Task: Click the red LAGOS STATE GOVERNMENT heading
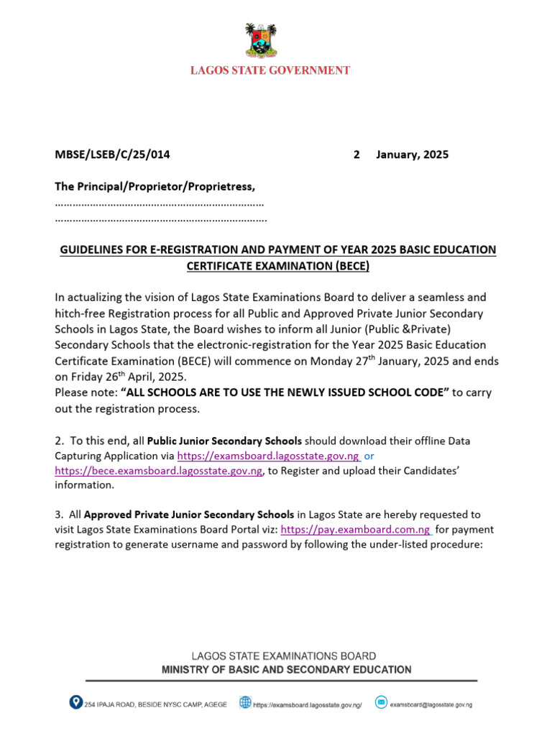[x=270, y=70]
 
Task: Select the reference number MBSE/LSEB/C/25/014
[x=113, y=155]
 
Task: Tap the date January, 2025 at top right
[x=412, y=155]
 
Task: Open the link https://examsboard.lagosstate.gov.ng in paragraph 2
[x=268, y=456]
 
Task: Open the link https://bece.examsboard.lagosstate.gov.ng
[x=159, y=471]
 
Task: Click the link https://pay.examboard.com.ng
[x=356, y=530]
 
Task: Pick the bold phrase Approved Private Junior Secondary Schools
[x=189, y=515]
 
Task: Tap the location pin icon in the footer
[x=75, y=702]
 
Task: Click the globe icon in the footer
[x=245, y=702]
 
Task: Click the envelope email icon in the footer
[x=381, y=702]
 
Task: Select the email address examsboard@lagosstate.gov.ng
[x=431, y=705]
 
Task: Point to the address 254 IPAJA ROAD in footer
[x=155, y=704]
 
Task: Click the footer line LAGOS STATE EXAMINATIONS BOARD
[x=282, y=655]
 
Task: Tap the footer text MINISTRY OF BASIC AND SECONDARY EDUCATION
[x=286, y=669]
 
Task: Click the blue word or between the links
[x=369, y=456]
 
